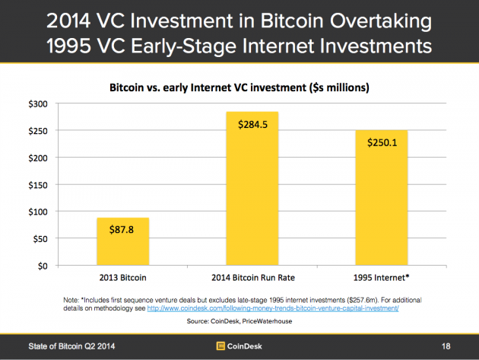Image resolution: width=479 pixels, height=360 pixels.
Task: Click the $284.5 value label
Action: point(252,124)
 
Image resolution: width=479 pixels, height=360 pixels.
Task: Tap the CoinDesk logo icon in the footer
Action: point(221,346)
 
